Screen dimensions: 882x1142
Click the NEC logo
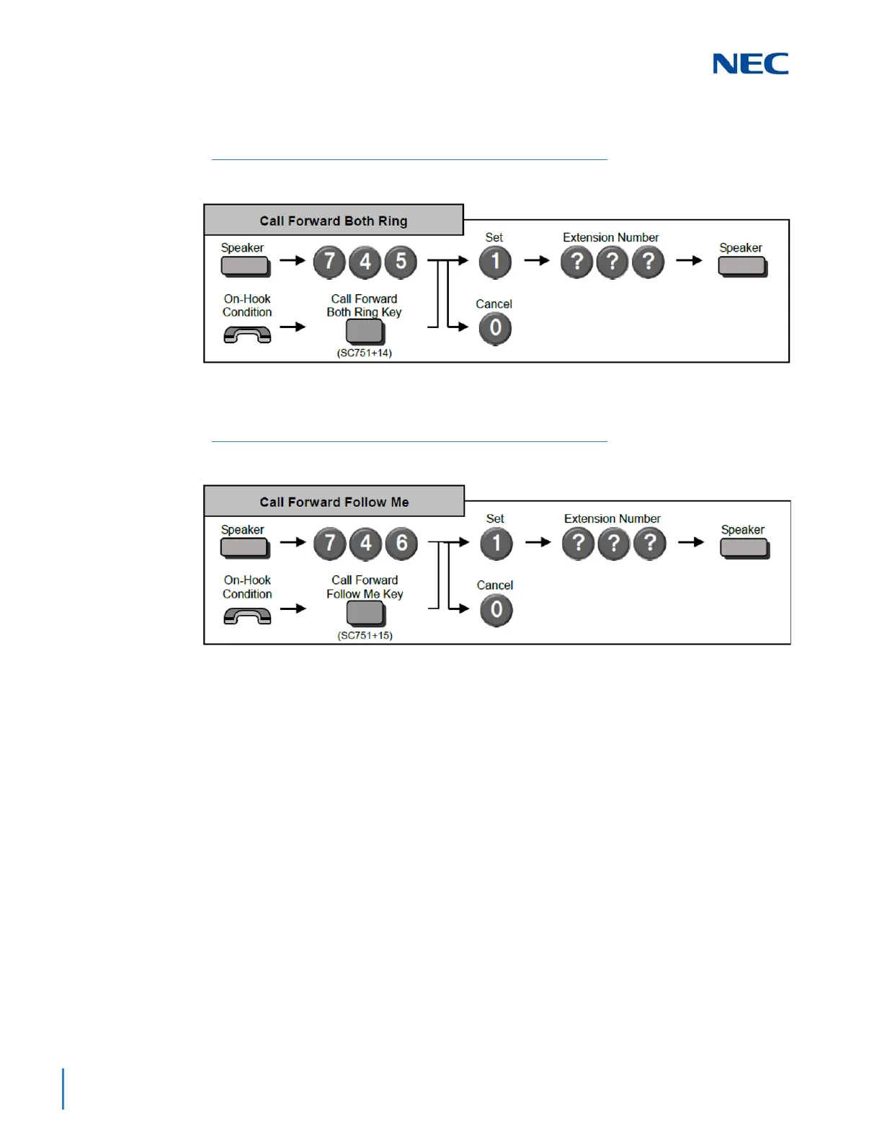click(750, 63)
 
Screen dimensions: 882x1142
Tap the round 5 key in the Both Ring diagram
click(401, 262)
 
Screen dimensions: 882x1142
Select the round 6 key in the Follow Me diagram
click(401, 544)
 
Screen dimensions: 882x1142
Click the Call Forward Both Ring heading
click(334, 221)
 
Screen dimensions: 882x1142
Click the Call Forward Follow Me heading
click(334, 502)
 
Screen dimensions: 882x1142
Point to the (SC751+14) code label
click(365, 353)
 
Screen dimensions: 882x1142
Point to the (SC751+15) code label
click(365, 635)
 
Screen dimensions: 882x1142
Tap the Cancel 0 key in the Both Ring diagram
click(495, 328)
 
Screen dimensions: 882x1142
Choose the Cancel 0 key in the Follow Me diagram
click(496, 610)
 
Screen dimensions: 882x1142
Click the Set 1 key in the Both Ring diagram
click(495, 262)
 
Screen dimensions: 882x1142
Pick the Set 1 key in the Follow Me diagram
click(496, 544)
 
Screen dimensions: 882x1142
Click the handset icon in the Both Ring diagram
click(247, 335)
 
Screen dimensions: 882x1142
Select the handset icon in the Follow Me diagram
click(247, 616)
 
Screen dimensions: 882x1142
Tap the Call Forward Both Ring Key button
click(365, 332)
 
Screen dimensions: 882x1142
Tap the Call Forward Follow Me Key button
click(365, 614)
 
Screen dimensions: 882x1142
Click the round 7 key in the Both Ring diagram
click(329, 262)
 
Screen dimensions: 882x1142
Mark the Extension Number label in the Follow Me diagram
click(612, 518)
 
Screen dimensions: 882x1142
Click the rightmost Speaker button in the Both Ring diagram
click(742, 267)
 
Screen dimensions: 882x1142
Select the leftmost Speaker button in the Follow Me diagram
click(244, 548)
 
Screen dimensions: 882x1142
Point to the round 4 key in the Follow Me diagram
click(365, 544)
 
